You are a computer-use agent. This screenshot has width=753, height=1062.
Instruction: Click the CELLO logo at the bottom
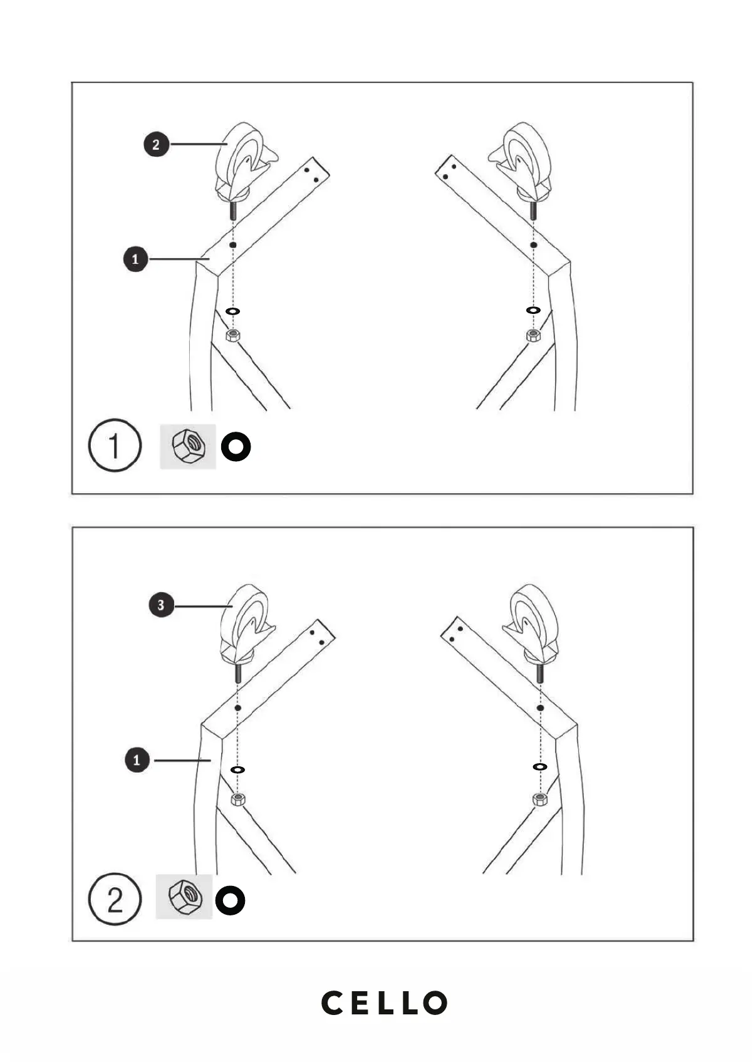click(x=384, y=1003)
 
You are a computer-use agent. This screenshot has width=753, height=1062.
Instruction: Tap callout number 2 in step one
click(x=156, y=145)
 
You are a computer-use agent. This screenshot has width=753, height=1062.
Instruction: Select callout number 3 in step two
click(x=161, y=606)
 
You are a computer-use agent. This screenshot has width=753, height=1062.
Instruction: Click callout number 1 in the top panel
click(x=135, y=259)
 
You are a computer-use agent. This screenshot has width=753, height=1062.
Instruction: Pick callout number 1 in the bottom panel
click(x=137, y=761)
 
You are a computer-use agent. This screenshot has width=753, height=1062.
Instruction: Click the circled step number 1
click(x=115, y=446)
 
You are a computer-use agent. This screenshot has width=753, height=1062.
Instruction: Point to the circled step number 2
click(x=115, y=900)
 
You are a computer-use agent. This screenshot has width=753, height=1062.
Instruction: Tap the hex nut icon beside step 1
click(x=188, y=446)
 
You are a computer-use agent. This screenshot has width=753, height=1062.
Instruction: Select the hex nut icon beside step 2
click(x=184, y=897)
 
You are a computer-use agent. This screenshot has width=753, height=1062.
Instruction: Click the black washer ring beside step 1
click(x=236, y=447)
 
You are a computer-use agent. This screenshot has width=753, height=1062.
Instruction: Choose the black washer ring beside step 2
click(x=231, y=900)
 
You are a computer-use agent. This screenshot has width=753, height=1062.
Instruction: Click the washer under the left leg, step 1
click(x=232, y=311)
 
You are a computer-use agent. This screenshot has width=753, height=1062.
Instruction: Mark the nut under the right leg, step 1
click(x=532, y=335)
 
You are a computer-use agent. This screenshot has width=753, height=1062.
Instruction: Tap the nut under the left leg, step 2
click(x=238, y=799)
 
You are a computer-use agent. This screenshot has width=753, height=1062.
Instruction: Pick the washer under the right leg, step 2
click(x=539, y=767)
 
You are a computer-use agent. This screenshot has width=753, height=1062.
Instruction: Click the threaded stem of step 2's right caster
click(x=540, y=673)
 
